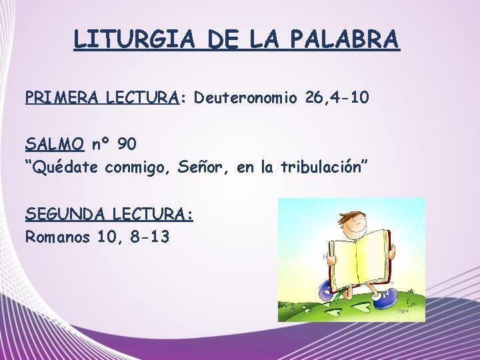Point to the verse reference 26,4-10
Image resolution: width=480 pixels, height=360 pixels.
[x=337, y=98]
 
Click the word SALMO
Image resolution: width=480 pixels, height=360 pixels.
[x=55, y=144]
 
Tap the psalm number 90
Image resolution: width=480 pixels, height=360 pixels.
[x=127, y=144]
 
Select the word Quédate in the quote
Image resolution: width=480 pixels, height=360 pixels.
[x=66, y=167]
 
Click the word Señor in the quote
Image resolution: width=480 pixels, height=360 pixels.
[x=201, y=167]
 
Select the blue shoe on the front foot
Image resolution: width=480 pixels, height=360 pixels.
[x=385, y=299]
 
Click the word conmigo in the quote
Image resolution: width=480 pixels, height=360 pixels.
[x=136, y=167]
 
